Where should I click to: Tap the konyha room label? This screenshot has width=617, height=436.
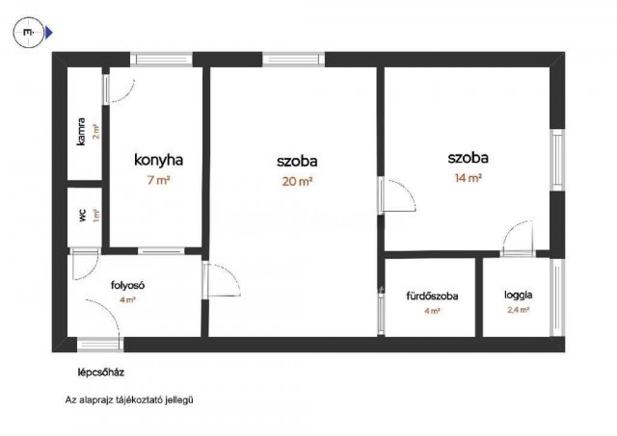[159, 161]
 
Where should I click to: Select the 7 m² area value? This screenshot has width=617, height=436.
[159, 180]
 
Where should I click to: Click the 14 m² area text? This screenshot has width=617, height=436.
[468, 177]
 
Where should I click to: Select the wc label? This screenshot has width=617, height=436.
[83, 214]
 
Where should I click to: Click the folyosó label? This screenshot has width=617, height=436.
[127, 285]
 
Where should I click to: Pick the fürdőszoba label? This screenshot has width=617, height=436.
[431, 295]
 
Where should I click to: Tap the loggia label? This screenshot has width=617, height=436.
[518, 295]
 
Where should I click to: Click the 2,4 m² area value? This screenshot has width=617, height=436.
[518, 310]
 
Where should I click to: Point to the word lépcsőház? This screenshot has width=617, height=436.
[103, 372]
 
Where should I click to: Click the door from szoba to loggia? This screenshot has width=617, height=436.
[517, 239]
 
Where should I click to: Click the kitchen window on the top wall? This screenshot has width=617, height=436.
[162, 60]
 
